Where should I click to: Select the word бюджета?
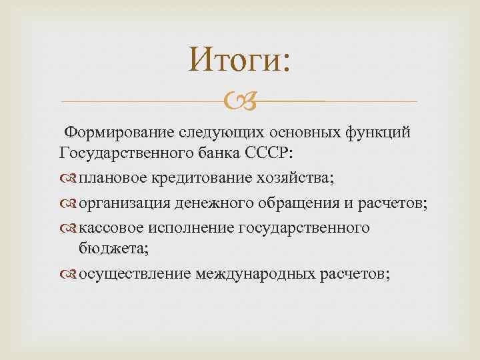tap(109, 248)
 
